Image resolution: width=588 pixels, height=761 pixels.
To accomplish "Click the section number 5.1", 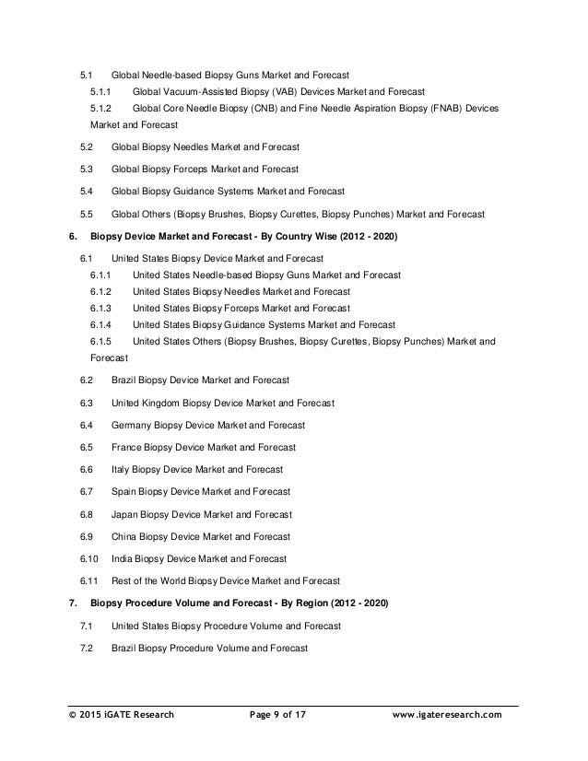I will (87, 74).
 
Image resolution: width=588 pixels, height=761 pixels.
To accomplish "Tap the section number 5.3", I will (87, 170).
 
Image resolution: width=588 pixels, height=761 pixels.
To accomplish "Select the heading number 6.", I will (74, 236).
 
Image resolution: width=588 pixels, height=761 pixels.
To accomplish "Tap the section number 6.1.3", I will (101, 308).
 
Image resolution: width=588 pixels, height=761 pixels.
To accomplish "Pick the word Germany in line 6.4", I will (132, 425).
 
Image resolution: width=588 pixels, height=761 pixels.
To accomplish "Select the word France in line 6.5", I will (127, 447).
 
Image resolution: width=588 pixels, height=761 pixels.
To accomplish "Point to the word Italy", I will (121, 469).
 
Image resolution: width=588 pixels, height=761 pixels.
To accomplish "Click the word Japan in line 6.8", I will (125, 514).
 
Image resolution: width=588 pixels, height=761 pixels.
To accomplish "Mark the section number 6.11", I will (89, 580).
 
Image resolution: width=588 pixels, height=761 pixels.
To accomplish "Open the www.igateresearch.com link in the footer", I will (447, 714).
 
